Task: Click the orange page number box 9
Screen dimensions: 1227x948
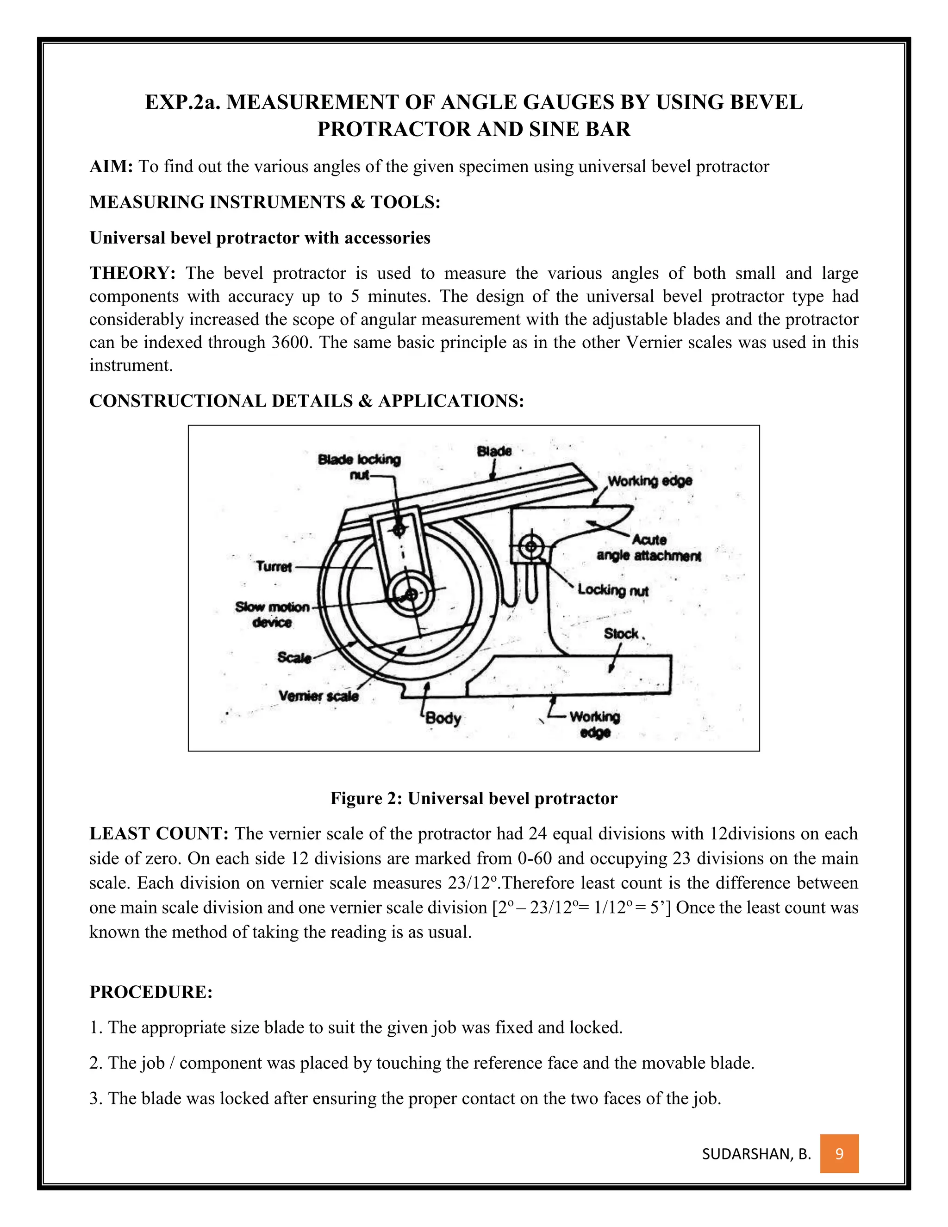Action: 839,1154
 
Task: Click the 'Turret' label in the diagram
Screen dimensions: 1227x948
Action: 274,566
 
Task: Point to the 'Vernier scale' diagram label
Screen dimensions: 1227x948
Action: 318,695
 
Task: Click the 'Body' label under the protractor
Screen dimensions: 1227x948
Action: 443,718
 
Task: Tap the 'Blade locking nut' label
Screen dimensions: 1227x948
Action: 359,466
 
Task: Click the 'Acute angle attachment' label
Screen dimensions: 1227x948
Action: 649,548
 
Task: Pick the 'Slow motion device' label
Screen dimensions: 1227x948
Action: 272,614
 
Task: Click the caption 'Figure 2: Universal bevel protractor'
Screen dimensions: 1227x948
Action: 474,798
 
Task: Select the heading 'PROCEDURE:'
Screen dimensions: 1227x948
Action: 151,992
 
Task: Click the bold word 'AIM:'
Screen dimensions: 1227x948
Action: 111,167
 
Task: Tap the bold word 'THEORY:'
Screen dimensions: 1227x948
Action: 132,274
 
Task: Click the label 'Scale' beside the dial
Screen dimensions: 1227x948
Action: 294,657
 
